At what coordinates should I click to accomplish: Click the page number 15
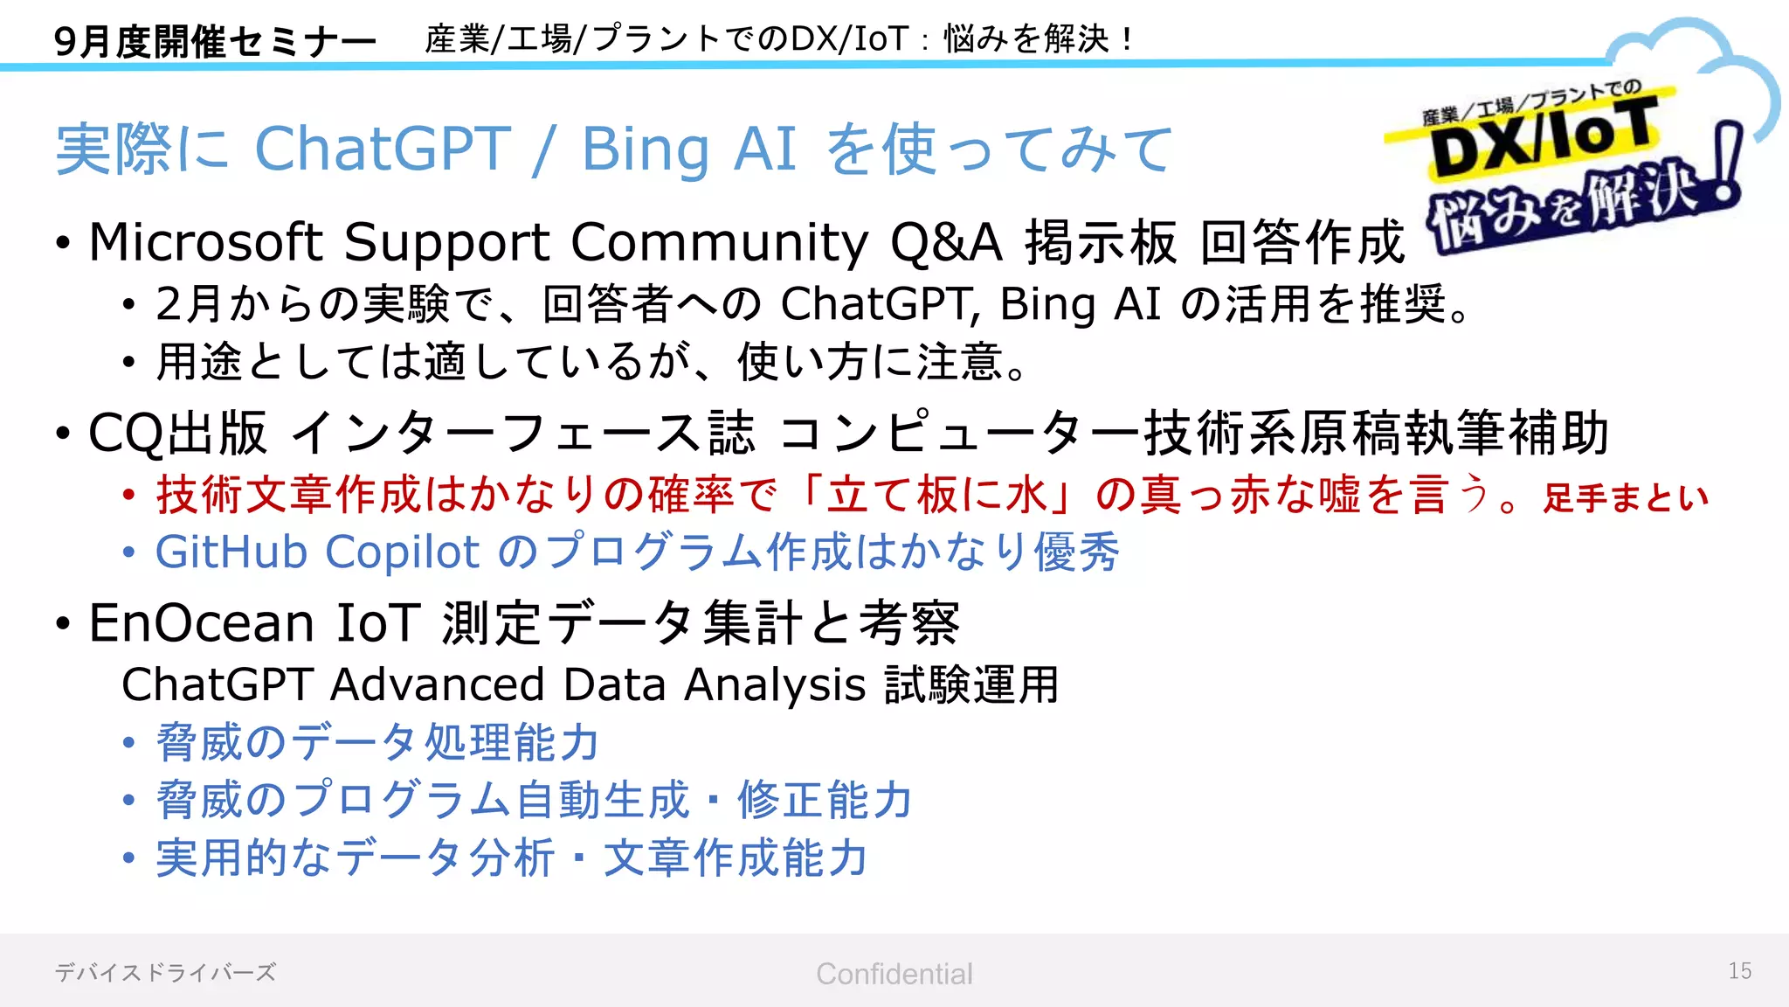pyautogui.click(x=1739, y=971)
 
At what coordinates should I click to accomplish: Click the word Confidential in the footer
pyautogui.click(x=894, y=974)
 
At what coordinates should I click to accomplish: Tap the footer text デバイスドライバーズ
pyautogui.click(x=165, y=972)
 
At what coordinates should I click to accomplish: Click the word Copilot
pyautogui.click(x=402, y=552)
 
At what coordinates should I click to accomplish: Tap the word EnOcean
pyautogui.click(x=202, y=623)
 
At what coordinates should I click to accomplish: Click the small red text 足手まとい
pyautogui.click(x=1625, y=498)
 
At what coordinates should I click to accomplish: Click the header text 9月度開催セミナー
pyautogui.click(x=215, y=41)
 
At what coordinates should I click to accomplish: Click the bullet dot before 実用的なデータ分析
pyautogui.click(x=129, y=858)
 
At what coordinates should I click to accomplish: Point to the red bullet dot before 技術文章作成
pyautogui.click(x=129, y=496)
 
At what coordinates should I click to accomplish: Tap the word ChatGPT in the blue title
pyautogui.click(x=382, y=149)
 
